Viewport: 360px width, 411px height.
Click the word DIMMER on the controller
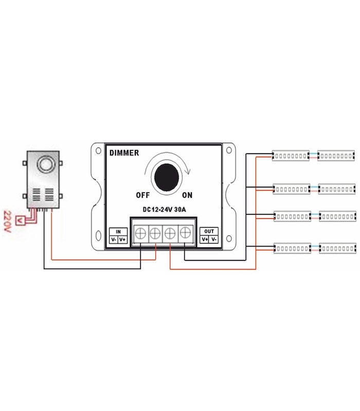click(124, 153)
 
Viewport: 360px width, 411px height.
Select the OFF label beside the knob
click(142, 195)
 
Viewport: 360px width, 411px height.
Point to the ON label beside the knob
click(187, 195)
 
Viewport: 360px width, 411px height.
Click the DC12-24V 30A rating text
click(164, 209)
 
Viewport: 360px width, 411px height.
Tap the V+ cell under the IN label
click(122, 239)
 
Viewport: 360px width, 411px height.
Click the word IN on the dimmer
click(118, 232)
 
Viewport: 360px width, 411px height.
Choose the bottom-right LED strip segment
click(337, 250)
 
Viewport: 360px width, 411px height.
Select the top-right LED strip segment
click(336, 155)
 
